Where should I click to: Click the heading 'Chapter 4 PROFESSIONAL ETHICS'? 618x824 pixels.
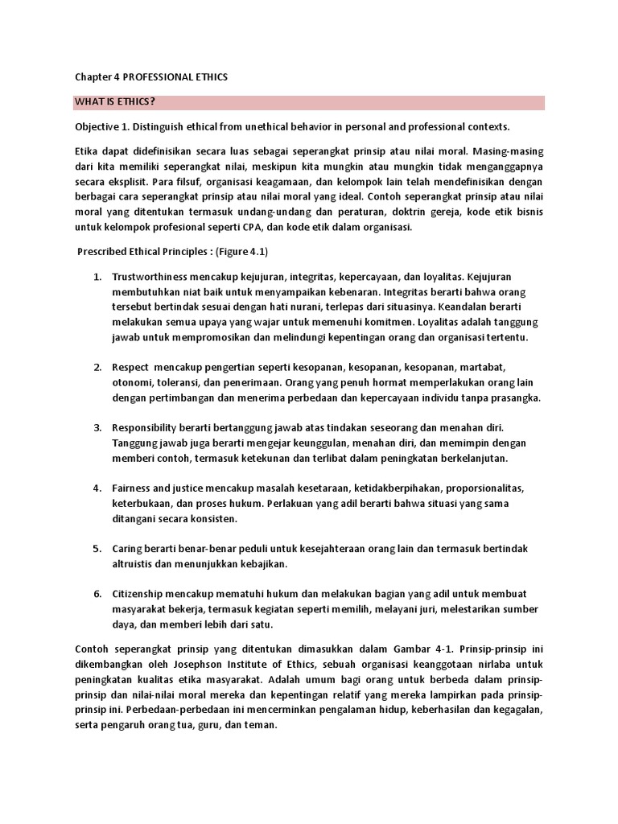[x=150, y=77]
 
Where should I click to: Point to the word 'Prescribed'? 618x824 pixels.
[x=102, y=251]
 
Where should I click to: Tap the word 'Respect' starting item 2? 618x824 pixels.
[x=131, y=368]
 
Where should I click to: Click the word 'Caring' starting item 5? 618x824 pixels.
[x=128, y=549]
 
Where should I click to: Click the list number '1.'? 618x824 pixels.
[x=97, y=277]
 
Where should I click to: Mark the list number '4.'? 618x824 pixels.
[x=97, y=488]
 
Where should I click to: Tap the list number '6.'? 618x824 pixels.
[x=97, y=593]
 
